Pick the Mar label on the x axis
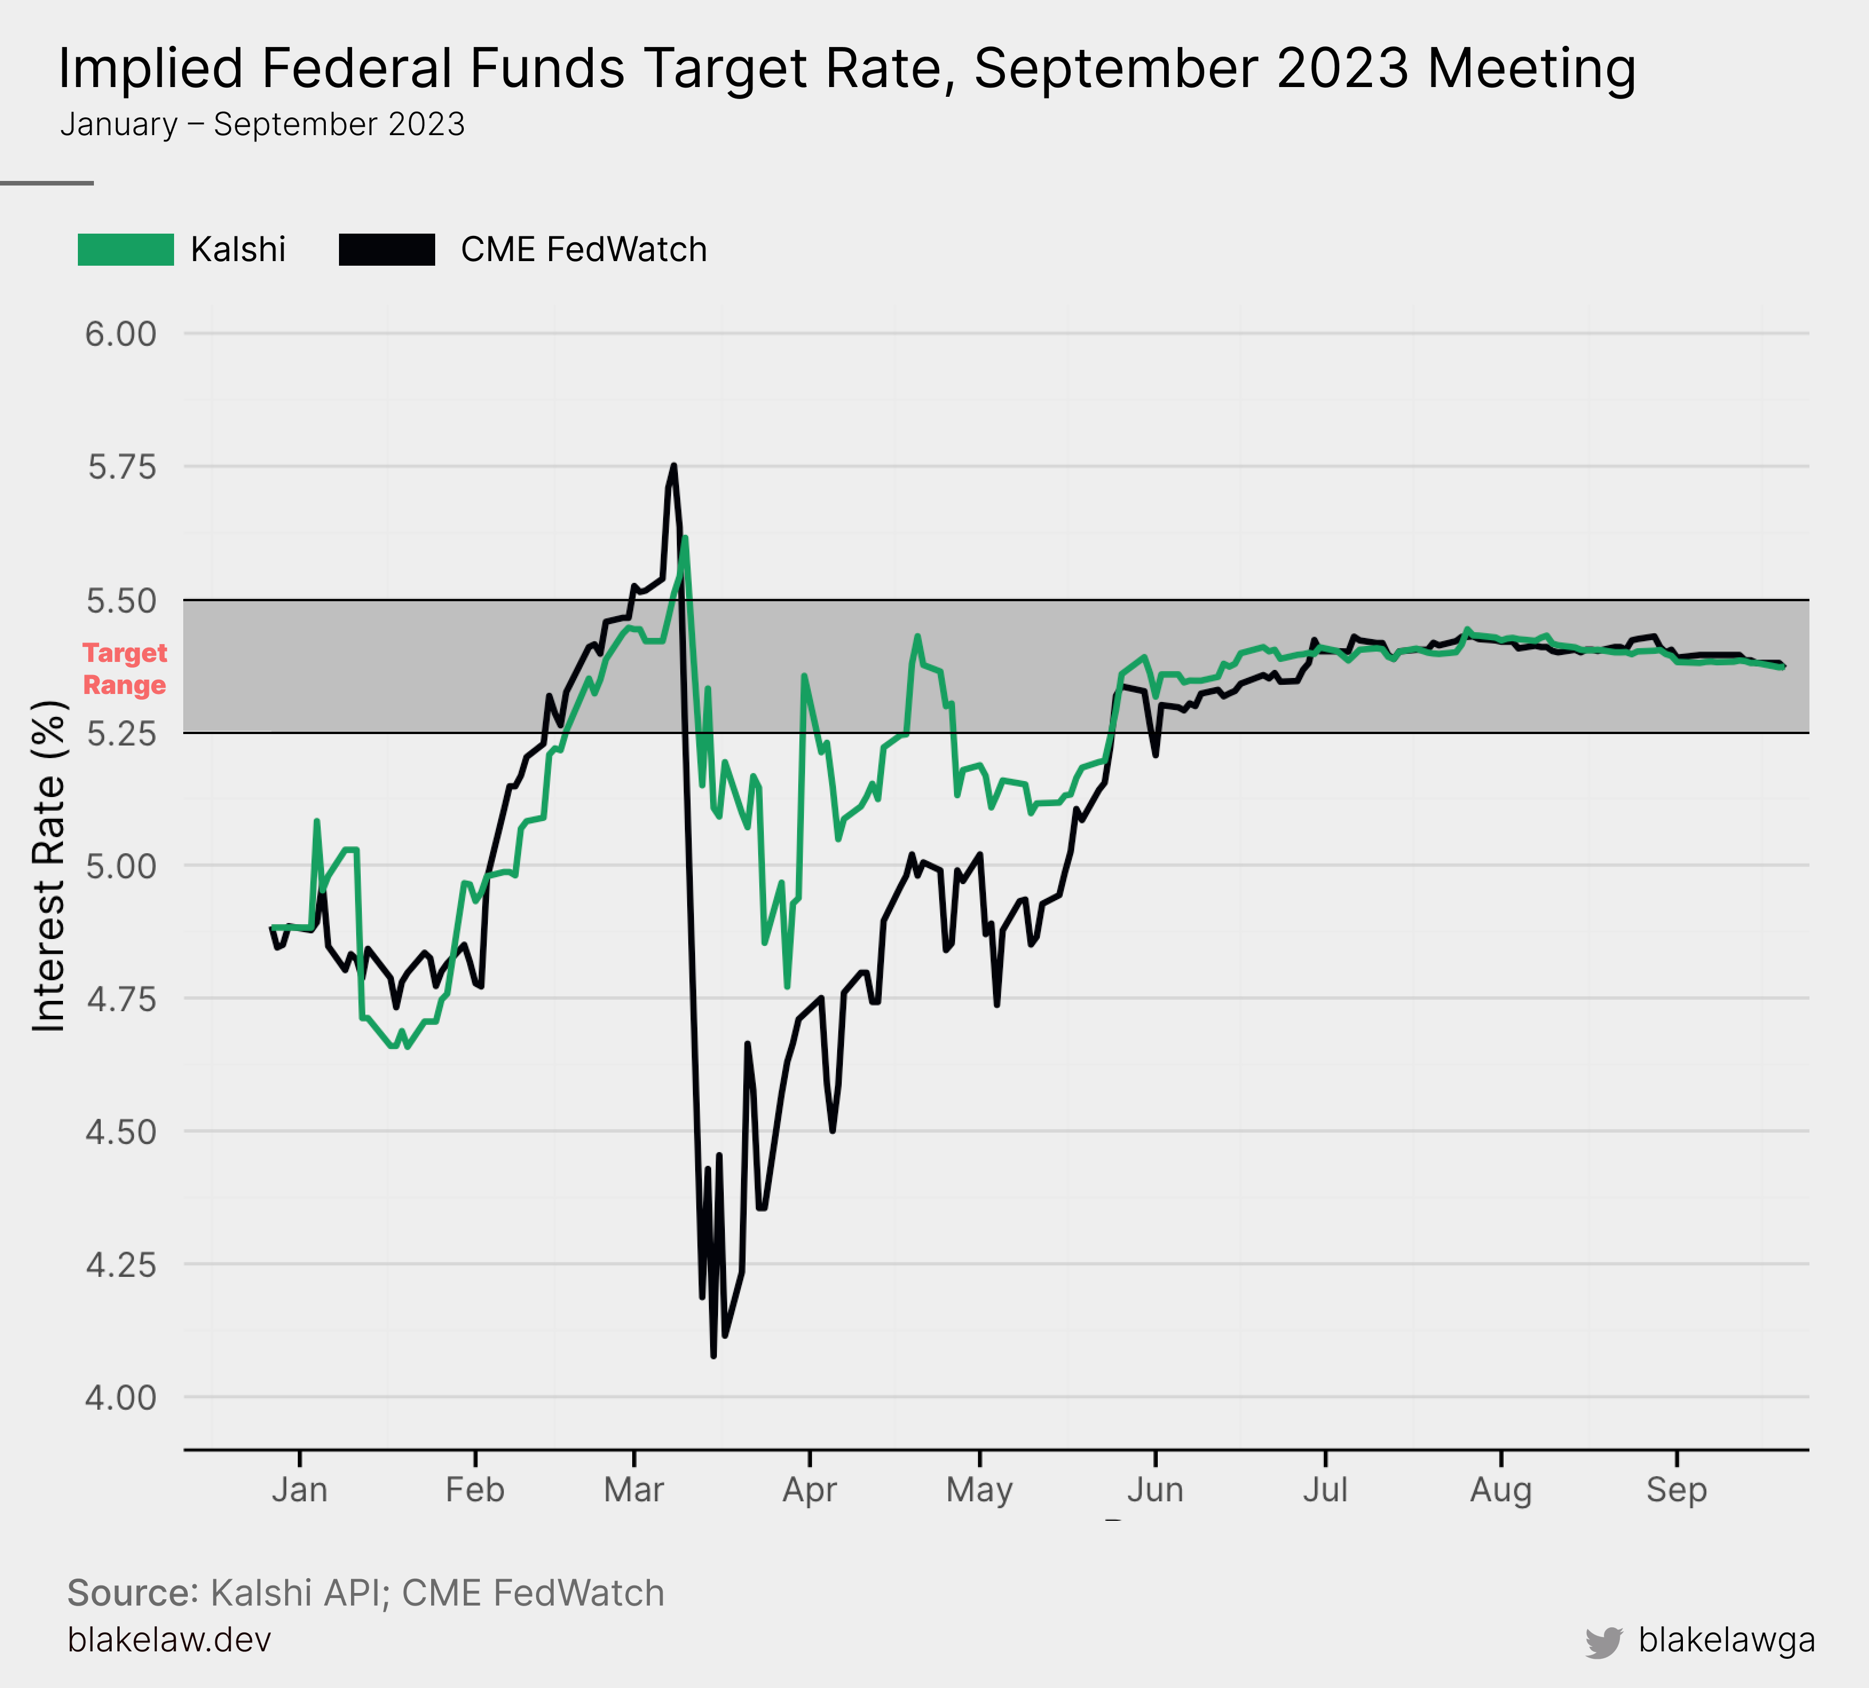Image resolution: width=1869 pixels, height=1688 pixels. coord(633,1490)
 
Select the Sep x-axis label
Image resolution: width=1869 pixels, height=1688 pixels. coord(1676,1490)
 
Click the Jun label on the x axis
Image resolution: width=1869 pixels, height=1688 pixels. coord(1155,1490)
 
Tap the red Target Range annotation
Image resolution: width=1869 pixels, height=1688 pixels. coord(124,668)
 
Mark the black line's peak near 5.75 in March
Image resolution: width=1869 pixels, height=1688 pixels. coord(674,466)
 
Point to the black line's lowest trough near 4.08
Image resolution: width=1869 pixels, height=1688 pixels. coord(713,1356)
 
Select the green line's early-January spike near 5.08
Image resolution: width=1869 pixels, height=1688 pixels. coord(317,821)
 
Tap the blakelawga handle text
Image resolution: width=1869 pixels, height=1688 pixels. coord(1726,1640)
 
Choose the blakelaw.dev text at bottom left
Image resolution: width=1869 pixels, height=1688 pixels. coord(169,1640)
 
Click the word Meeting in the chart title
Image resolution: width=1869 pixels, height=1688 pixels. coord(1532,69)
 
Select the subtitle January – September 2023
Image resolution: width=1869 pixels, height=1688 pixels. coord(262,124)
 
